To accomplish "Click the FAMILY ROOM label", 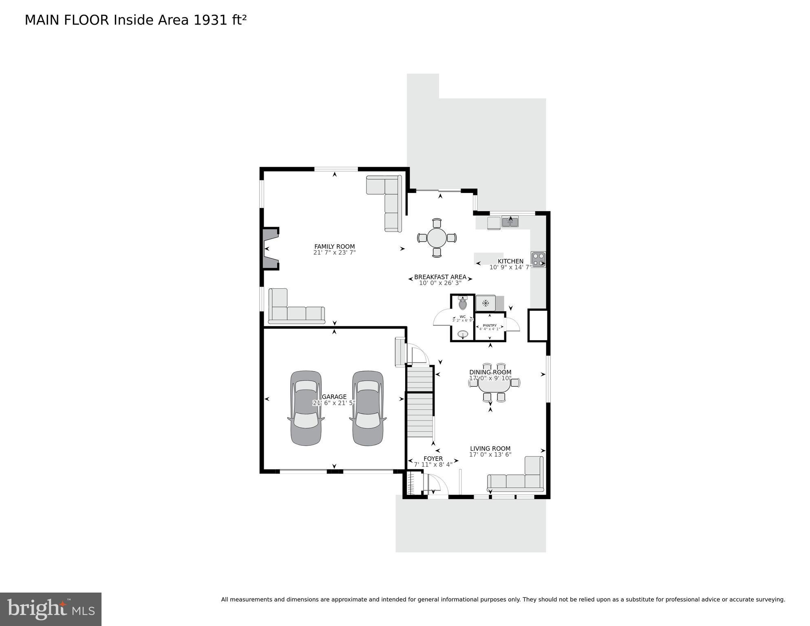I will click(x=334, y=246).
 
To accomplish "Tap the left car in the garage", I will click(x=306, y=408).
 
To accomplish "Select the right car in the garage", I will click(x=368, y=408).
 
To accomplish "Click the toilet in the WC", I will click(x=463, y=304).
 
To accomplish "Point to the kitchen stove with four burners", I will click(x=538, y=259).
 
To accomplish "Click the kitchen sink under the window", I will click(x=510, y=222).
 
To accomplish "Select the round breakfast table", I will click(x=437, y=238).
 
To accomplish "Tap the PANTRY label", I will click(x=490, y=325).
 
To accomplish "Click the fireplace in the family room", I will click(x=270, y=249).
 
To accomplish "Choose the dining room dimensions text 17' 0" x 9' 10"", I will click(x=490, y=378).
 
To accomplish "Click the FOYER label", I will click(x=433, y=458).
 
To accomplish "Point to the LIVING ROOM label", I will click(x=490, y=448).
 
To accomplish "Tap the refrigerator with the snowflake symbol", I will click(x=486, y=303).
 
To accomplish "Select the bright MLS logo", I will click(x=51, y=609).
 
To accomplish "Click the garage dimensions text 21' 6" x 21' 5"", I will click(x=334, y=403).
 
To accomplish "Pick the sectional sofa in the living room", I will click(x=518, y=479).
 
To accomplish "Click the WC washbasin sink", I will click(x=463, y=335).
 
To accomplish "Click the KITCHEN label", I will click(x=510, y=261).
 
